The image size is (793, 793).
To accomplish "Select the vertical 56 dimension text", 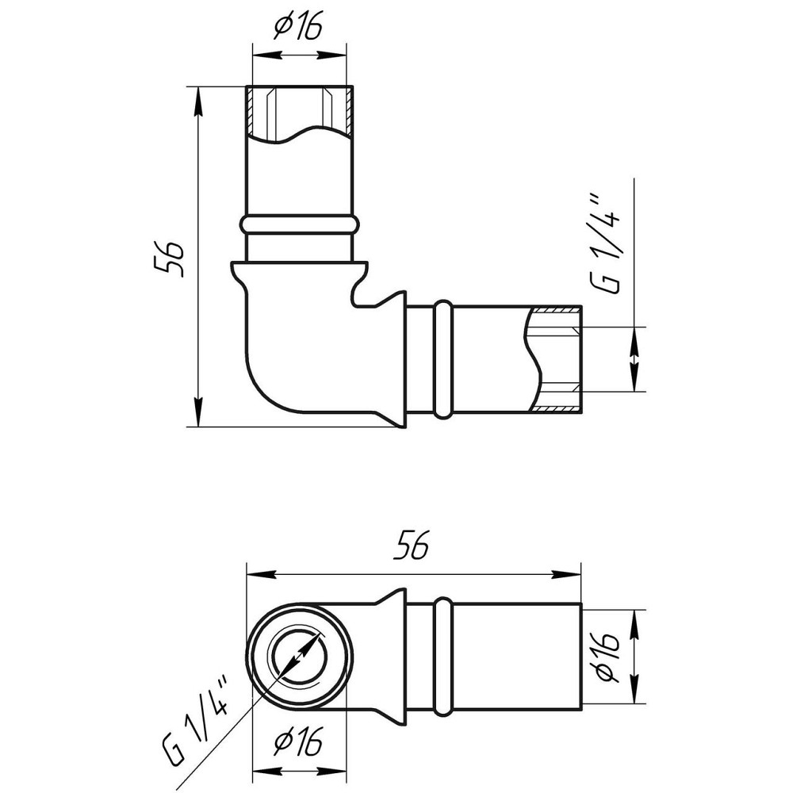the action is pos(170,258).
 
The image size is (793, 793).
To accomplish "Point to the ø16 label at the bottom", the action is pos(297,741).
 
